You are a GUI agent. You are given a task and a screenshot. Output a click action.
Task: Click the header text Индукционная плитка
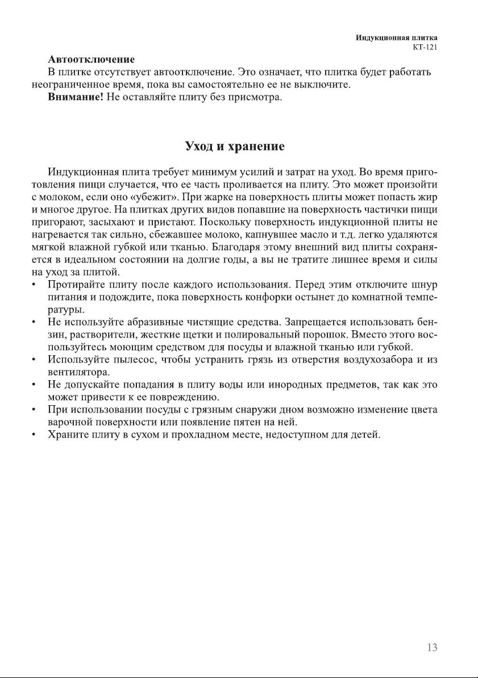pos(400,38)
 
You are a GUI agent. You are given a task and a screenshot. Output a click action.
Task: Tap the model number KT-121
pos(425,47)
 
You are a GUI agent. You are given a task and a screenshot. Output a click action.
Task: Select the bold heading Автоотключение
pos(91,60)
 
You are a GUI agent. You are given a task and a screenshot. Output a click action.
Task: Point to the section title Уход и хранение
pos(235,147)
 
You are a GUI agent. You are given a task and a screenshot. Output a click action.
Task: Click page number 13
pos(431,648)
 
